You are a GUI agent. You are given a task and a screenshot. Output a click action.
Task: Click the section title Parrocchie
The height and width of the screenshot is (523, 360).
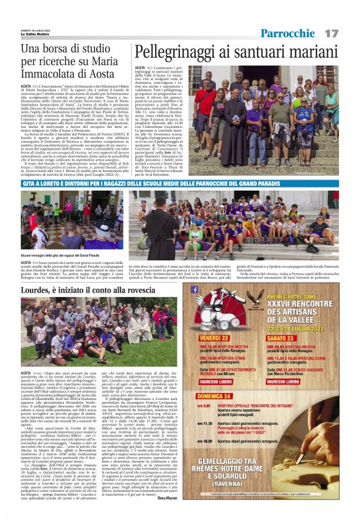click(x=288, y=32)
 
